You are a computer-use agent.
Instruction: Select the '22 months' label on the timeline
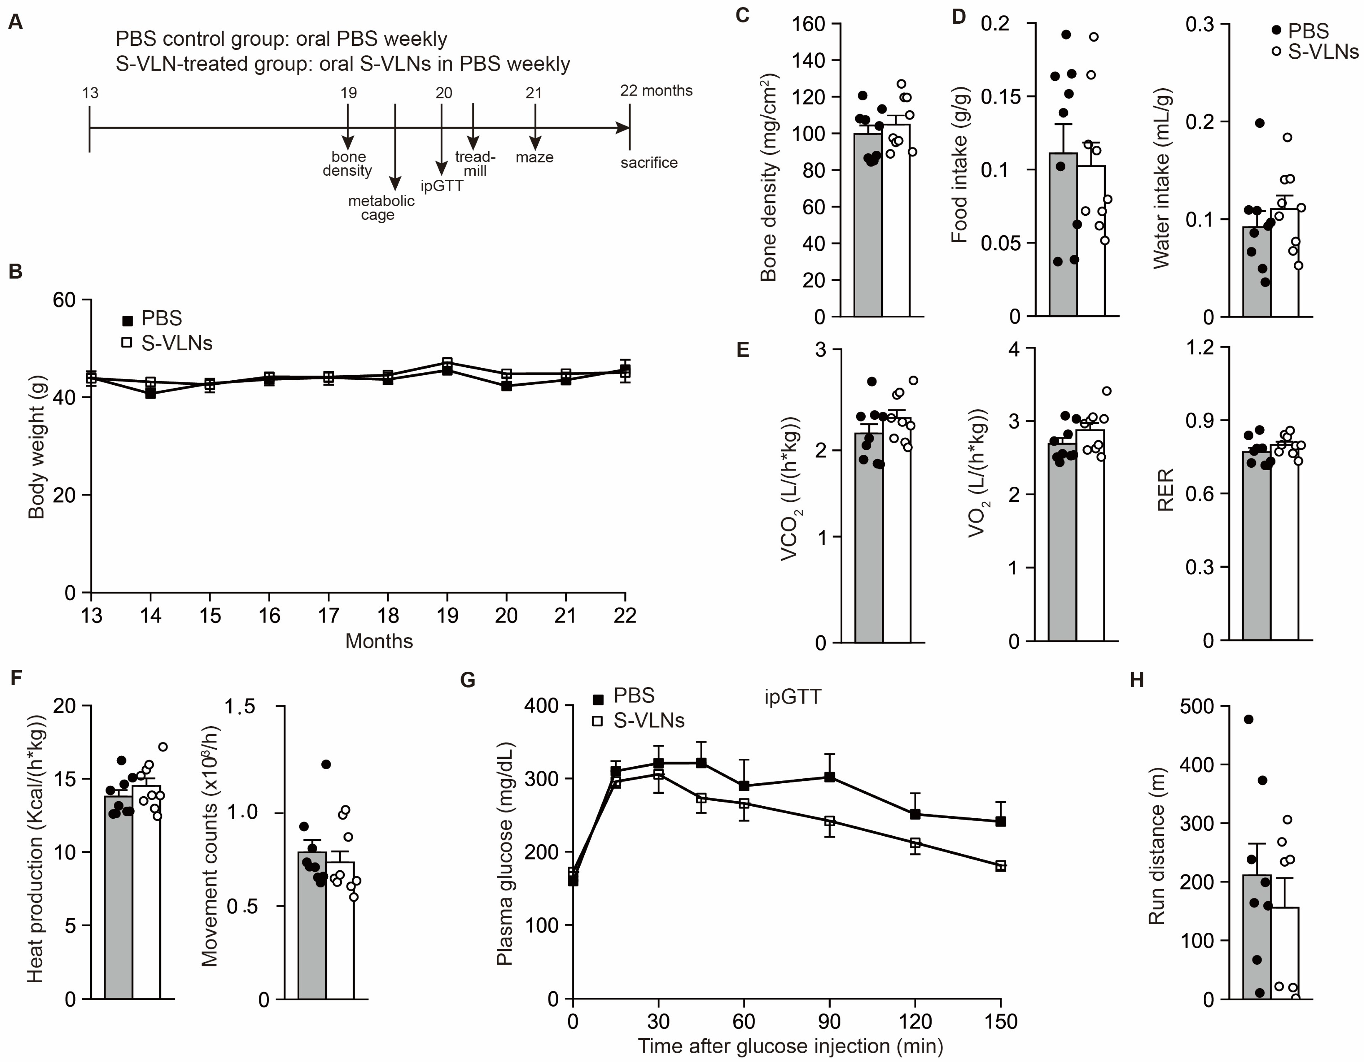pyautogui.click(x=656, y=91)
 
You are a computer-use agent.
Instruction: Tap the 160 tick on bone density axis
pyautogui.click(x=809, y=24)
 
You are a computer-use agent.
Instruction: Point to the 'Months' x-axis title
pyautogui.click(x=379, y=641)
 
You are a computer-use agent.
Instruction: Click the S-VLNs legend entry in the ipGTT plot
pyautogui.click(x=638, y=721)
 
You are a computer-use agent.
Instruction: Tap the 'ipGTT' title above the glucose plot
pyautogui.click(x=793, y=696)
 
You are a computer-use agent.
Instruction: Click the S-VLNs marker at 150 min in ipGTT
pyautogui.click(x=1000, y=865)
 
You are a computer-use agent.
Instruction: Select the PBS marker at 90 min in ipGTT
pyautogui.click(x=829, y=777)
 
